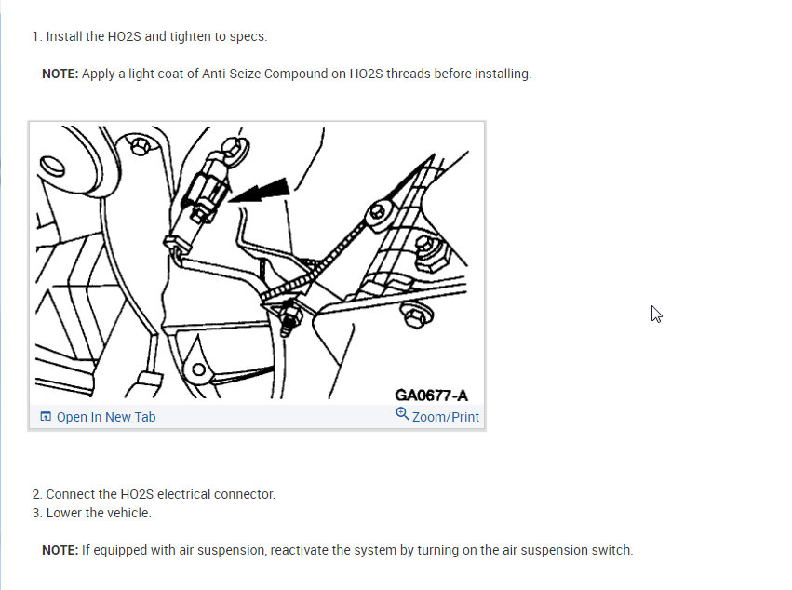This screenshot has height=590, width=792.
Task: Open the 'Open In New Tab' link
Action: coord(106,417)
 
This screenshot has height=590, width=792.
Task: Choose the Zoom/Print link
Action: coord(446,417)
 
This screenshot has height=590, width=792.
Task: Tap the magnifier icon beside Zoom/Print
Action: coord(402,414)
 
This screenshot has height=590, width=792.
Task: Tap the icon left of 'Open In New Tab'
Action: coord(46,417)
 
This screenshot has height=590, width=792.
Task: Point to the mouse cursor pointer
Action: coord(656,314)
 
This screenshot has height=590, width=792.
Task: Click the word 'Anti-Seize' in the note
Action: coord(232,74)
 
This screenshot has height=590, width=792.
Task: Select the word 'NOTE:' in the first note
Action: coord(60,74)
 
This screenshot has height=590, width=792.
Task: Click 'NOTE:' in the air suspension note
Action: coord(60,550)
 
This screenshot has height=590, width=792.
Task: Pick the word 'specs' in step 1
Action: coord(248,36)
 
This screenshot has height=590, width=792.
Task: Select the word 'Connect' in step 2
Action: coord(71,494)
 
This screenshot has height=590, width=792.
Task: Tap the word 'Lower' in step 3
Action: coord(65,513)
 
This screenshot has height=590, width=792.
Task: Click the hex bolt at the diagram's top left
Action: coord(141,147)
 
